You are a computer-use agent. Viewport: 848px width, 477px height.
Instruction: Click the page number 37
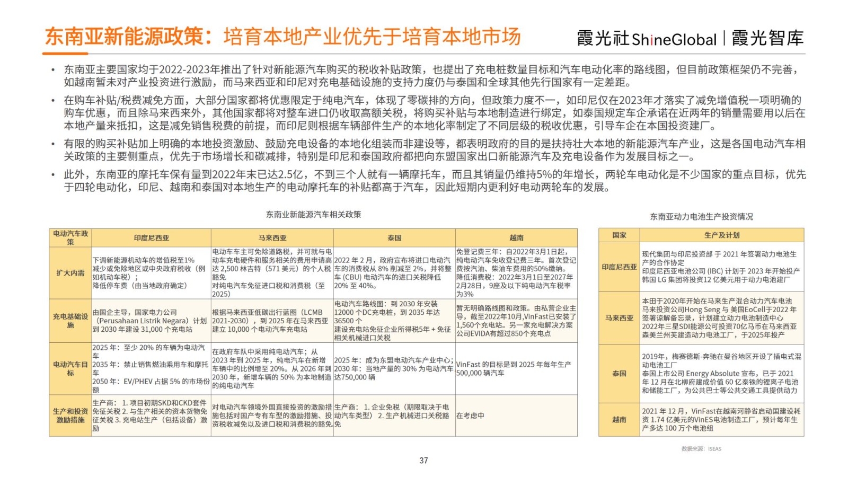pyautogui.click(x=423, y=461)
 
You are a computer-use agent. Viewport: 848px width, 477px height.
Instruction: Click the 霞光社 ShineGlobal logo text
pyautogui.click(x=647, y=39)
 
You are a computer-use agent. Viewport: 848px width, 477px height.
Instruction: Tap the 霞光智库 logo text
pyautogui.click(x=767, y=38)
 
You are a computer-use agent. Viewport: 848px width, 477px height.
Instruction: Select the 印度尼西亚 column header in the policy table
pyautogui.click(x=152, y=238)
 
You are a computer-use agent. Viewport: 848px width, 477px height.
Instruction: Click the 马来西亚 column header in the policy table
pyautogui.click(x=272, y=238)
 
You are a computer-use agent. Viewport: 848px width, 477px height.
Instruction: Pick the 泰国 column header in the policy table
pyautogui.click(x=394, y=238)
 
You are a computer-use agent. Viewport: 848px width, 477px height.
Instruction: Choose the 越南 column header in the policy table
pyautogui.click(x=516, y=238)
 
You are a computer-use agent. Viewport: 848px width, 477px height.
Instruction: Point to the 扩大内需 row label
pyautogui.click(x=70, y=273)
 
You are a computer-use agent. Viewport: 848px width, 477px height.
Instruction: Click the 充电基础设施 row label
pyautogui.click(x=70, y=321)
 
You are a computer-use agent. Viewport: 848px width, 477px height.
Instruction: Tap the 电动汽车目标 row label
pyautogui.click(x=70, y=369)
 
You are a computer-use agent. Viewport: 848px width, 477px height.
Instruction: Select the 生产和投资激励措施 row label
pyautogui.click(x=70, y=416)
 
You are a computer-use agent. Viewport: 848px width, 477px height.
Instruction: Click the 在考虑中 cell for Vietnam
pyautogui.click(x=471, y=416)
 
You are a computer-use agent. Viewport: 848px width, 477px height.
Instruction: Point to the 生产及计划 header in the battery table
pyautogui.click(x=722, y=235)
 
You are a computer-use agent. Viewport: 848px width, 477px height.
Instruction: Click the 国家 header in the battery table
pyautogui.click(x=619, y=235)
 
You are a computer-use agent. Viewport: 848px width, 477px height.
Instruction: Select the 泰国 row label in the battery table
pyautogui.click(x=619, y=374)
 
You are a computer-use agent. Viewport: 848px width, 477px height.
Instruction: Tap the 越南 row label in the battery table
pyautogui.click(x=619, y=420)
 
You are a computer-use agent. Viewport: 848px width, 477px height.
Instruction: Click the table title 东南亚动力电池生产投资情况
pyautogui.click(x=701, y=217)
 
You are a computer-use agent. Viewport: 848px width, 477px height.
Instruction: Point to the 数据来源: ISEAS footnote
pyautogui.click(x=701, y=449)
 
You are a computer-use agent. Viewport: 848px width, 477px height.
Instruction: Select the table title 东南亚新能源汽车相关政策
pyautogui.click(x=313, y=215)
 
